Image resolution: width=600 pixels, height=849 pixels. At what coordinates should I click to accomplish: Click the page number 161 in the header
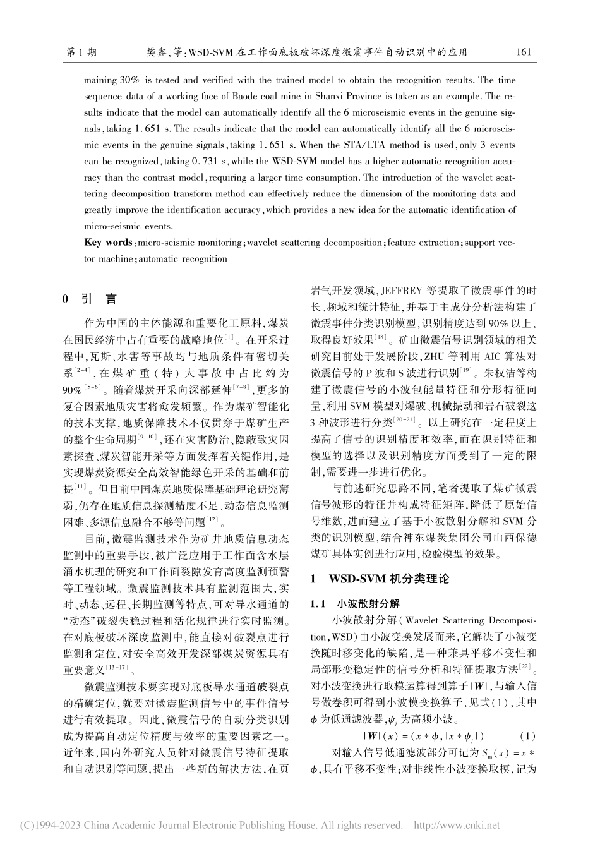[x=524, y=52]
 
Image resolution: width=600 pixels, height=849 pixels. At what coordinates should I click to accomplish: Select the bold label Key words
[x=108, y=243]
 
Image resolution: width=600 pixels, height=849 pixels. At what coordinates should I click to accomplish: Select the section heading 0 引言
[x=88, y=299]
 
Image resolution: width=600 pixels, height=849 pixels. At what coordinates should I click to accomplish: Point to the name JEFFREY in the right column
[x=399, y=291]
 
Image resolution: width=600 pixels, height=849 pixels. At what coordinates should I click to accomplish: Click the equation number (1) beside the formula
[x=527, y=735]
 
